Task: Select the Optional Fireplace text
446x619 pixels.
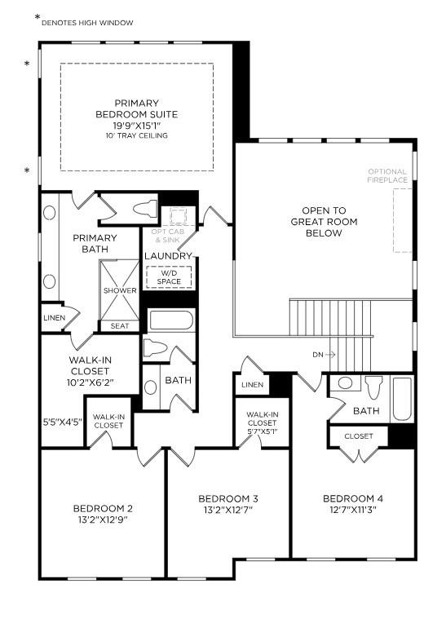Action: tap(386, 176)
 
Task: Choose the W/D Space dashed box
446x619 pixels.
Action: tap(169, 277)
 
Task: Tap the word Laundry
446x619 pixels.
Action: tap(168, 256)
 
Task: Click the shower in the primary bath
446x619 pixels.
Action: tap(120, 290)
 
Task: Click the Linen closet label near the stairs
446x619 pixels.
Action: tap(252, 384)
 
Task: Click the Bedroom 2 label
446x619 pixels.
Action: tap(103, 509)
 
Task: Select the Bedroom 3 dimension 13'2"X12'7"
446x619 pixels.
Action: tap(228, 511)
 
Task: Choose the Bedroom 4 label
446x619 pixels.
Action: tap(351, 498)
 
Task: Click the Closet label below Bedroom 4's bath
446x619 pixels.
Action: tap(358, 436)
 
